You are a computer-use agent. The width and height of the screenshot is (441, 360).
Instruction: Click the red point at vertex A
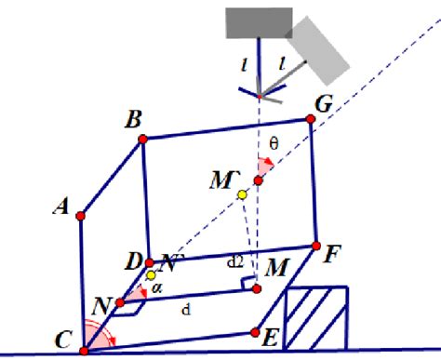point(80,216)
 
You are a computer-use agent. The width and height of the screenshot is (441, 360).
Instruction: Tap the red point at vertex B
point(142,139)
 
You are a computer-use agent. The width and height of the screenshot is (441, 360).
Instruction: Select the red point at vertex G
point(311,118)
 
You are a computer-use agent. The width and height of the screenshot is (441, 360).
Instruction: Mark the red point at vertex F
point(317,246)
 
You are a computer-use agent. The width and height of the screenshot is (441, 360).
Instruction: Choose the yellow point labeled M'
point(242,194)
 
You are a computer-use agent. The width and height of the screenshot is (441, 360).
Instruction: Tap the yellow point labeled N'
point(151,275)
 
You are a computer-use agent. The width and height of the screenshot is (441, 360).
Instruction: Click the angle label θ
point(273,143)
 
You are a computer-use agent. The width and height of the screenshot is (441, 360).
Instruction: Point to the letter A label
point(63,210)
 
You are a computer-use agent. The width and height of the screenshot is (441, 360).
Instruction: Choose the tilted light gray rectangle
point(319,47)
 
